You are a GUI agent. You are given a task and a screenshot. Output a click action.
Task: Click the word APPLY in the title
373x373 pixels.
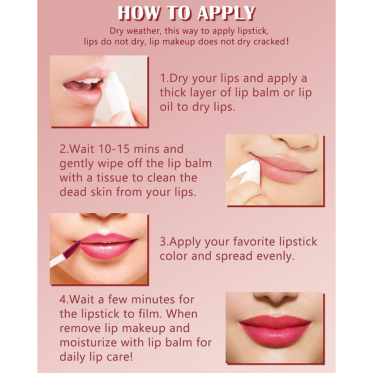tap(226, 13)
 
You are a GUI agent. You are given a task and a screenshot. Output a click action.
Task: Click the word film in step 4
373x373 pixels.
tap(149, 314)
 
